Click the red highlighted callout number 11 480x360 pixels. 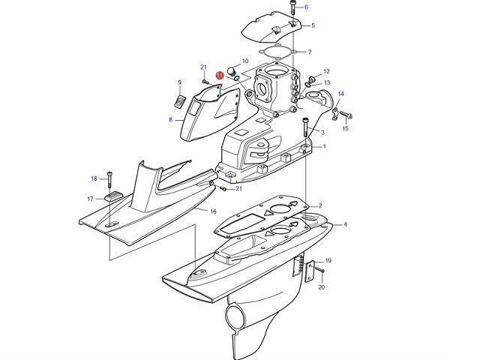point(220,75)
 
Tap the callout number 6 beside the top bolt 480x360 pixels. point(307,7)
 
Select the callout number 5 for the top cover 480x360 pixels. point(313,25)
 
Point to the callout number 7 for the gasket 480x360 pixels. point(310,52)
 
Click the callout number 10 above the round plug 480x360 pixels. point(245,61)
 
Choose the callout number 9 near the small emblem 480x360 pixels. point(180,82)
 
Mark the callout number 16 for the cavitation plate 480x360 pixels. point(213,211)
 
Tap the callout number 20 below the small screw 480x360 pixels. point(322,287)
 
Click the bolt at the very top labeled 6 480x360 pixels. point(292,7)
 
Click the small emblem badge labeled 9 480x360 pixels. point(180,101)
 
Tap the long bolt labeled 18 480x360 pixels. point(109,180)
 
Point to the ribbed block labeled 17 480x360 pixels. point(113,196)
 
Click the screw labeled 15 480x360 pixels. point(346,115)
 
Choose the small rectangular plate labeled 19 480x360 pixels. point(310,271)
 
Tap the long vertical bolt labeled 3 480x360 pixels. point(305,127)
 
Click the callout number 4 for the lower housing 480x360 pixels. point(345,224)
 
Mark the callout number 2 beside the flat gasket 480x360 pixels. point(320,205)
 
